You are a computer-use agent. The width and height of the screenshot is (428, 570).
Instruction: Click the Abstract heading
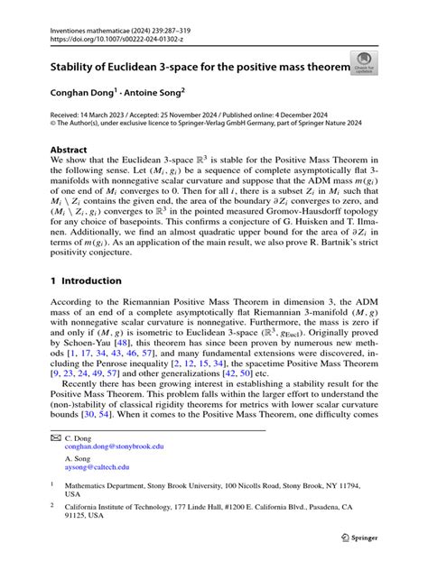click(x=68, y=152)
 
